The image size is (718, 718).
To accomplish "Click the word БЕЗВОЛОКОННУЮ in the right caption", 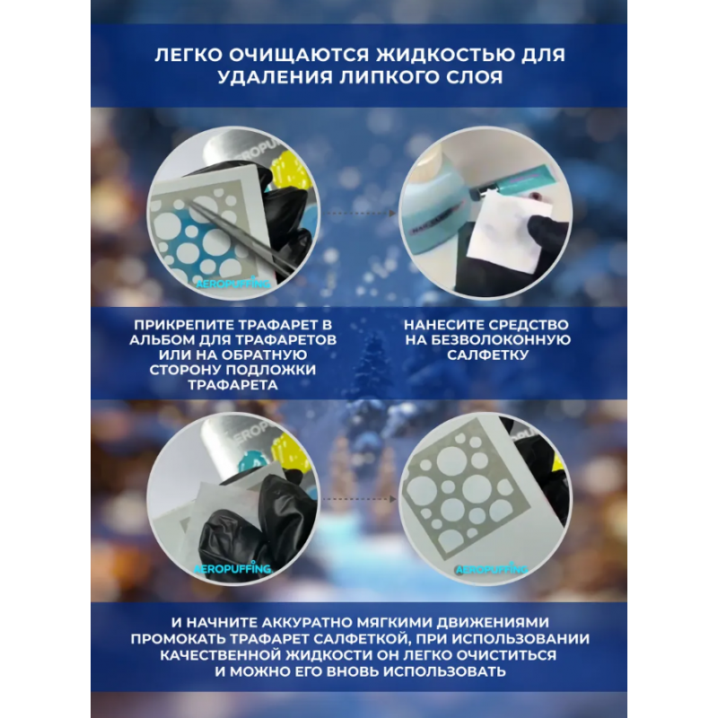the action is pyautogui.click(x=501, y=340).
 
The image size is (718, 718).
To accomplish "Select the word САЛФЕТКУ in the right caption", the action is pyautogui.click(x=487, y=355).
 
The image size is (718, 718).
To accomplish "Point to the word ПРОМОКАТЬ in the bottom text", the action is pyautogui.click(x=178, y=639).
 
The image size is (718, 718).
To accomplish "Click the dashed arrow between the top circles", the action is pyautogui.click(x=361, y=214).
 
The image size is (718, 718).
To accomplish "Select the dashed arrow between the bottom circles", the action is pyautogui.click(x=361, y=499).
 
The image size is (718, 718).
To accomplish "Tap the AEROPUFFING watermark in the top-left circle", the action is pyautogui.click(x=233, y=284).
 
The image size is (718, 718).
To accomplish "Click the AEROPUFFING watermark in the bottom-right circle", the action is pyautogui.click(x=491, y=569).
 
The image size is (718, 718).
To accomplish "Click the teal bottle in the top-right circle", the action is pyautogui.click(x=507, y=185).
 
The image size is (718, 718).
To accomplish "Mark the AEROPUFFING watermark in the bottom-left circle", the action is pyautogui.click(x=232, y=569).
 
